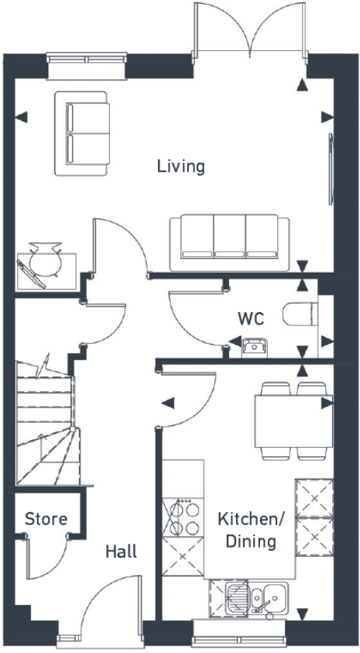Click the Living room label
[x=180, y=166]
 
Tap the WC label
[x=251, y=318]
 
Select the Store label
[x=46, y=519]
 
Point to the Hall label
[x=121, y=552]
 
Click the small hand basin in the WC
[x=252, y=346]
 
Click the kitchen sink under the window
[x=256, y=599]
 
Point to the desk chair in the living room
[x=46, y=259]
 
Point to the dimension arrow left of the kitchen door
[x=166, y=402]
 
